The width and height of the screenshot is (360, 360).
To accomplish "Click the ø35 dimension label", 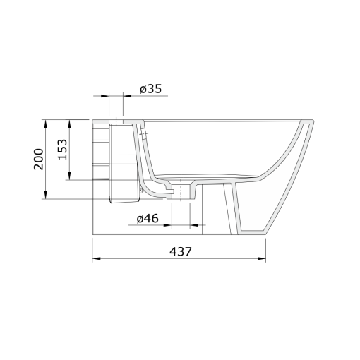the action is [x=151, y=89].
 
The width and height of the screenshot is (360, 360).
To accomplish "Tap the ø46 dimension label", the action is [x=148, y=219].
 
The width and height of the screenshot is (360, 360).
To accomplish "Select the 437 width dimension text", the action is [x=181, y=251].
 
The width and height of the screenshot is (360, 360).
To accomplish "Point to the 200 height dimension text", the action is [x=39, y=159].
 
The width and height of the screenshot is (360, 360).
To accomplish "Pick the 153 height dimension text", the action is [x=63, y=150].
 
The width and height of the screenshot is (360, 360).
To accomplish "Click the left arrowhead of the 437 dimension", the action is [x=96, y=258].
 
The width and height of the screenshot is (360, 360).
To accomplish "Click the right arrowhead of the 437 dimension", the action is [x=262, y=258].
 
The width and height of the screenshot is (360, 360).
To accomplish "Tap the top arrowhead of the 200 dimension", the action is [x=46, y=124].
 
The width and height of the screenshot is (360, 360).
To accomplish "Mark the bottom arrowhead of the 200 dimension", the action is [x=46, y=195].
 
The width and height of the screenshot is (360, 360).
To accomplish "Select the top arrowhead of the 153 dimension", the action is [x=69, y=124].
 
